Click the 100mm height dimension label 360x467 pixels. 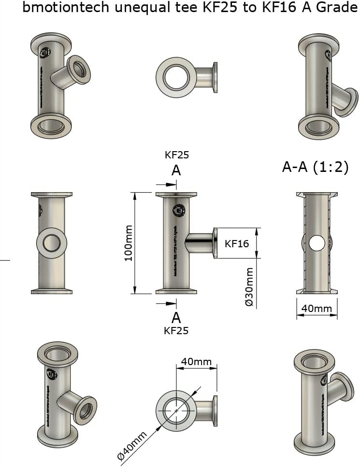coord(129,243)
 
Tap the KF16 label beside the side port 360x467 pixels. coord(237,243)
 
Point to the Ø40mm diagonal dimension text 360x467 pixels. coord(132,446)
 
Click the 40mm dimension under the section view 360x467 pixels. coord(317,308)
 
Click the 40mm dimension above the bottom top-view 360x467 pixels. coord(196,361)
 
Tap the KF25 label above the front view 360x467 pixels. coord(176,155)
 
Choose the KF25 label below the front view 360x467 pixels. coord(176,331)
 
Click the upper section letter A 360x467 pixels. coord(176,170)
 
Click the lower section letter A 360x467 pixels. coord(176,317)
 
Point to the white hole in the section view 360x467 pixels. coord(317,243)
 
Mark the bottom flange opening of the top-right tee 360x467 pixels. coord(317,127)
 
